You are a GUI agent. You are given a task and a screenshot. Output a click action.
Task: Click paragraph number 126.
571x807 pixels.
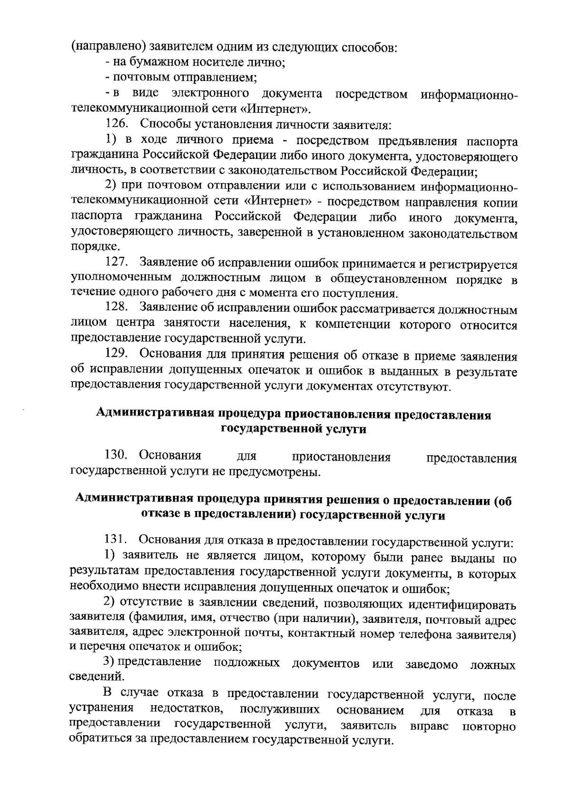117,124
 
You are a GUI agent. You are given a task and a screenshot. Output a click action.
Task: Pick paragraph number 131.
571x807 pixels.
117,540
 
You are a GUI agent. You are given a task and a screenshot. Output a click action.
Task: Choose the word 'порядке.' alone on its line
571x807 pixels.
92,247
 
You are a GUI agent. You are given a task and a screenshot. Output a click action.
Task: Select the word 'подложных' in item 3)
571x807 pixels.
246,663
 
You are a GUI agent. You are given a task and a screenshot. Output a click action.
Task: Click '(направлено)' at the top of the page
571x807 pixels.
108,48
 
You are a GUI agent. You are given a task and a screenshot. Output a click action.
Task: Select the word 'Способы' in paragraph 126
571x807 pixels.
163,124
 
